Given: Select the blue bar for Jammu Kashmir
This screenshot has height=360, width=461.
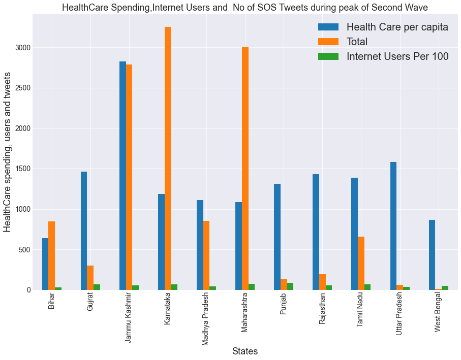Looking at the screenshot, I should [122, 176].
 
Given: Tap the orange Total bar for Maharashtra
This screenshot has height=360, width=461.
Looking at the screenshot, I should [245, 168].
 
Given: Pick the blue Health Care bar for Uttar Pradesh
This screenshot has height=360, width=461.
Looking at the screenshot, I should [393, 226].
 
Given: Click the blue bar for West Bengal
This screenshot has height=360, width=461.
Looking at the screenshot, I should [432, 255].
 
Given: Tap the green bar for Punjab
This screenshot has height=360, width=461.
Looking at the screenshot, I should [290, 286].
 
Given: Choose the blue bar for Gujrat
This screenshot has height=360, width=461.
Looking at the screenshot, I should [84, 231].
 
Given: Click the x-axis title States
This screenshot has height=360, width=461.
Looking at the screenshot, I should [245, 351].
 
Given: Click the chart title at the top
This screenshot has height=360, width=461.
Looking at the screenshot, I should [245, 7].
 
